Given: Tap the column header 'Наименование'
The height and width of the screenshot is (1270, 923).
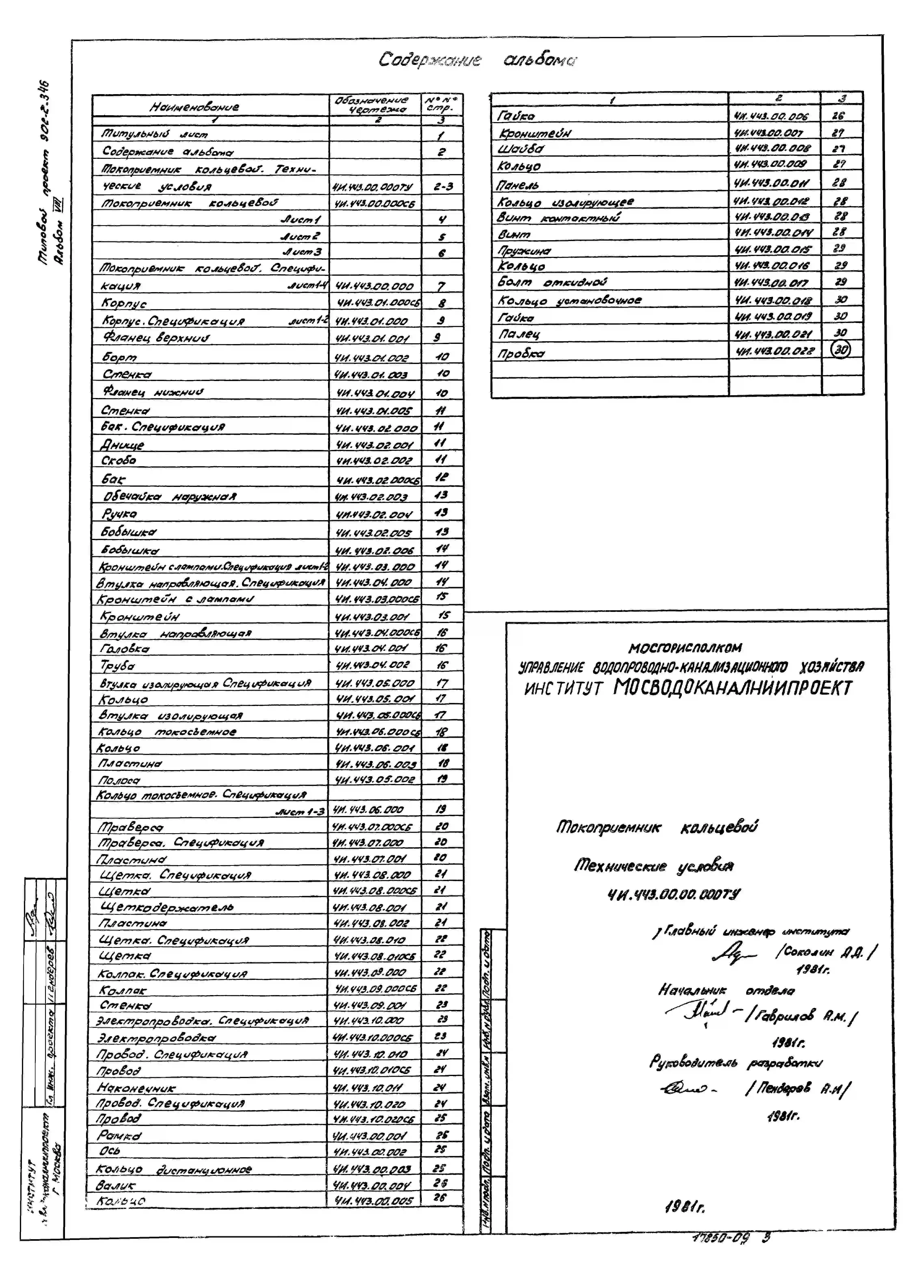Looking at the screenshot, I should [x=194, y=106].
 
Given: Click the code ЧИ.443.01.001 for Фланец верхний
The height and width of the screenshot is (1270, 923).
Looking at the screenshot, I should [x=373, y=338].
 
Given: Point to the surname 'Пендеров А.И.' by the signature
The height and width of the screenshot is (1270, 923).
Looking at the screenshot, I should [x=798, y=1089].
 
